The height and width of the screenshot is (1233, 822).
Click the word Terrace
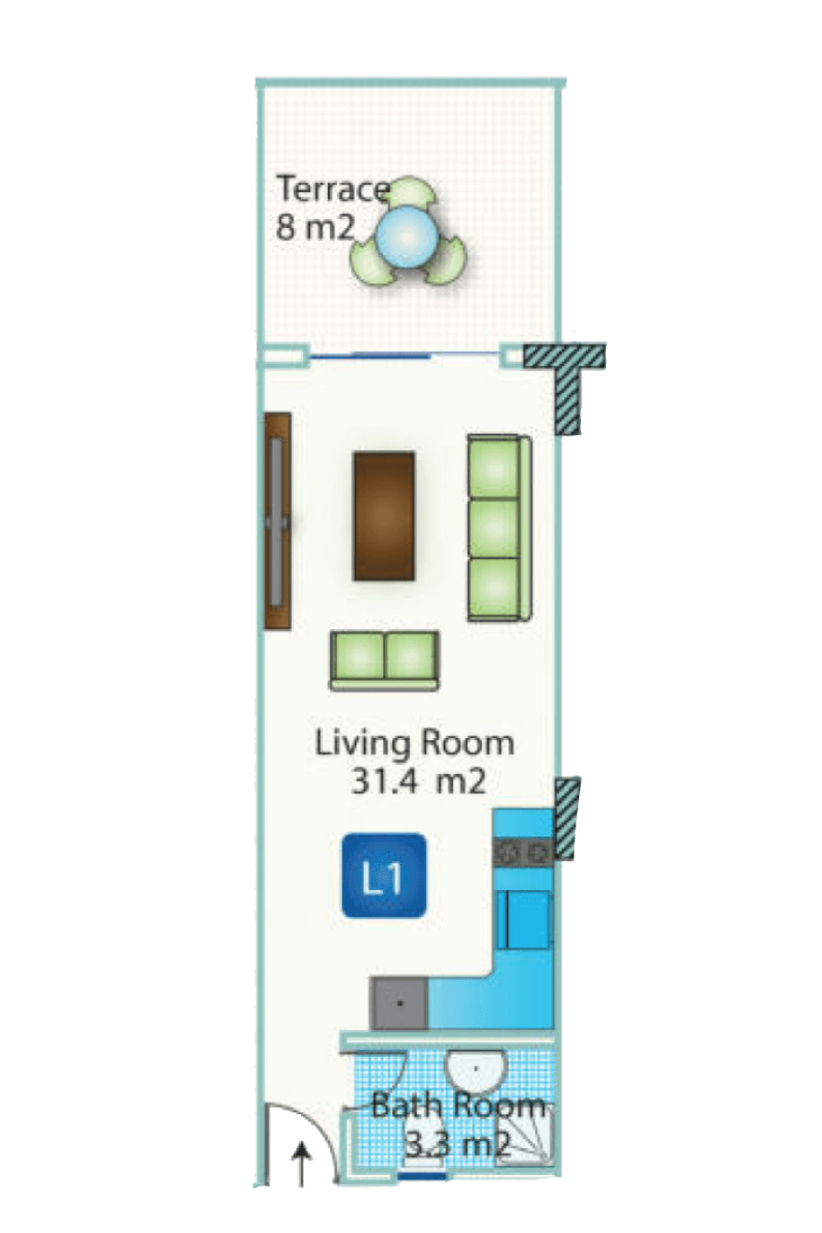[333, 189]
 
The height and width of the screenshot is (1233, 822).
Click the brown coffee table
[383, 516]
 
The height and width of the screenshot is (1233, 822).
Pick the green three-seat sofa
[499, 528]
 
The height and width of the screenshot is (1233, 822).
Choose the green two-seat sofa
[384, 661]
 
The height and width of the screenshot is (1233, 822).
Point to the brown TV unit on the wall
[277, 521]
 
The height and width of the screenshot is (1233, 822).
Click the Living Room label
[415, 743]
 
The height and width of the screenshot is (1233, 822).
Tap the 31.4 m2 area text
[418, 782]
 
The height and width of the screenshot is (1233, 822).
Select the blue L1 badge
[383, 877]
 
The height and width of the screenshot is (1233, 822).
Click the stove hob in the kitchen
[523, 854]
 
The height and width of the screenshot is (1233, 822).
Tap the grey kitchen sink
[399, 1002]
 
